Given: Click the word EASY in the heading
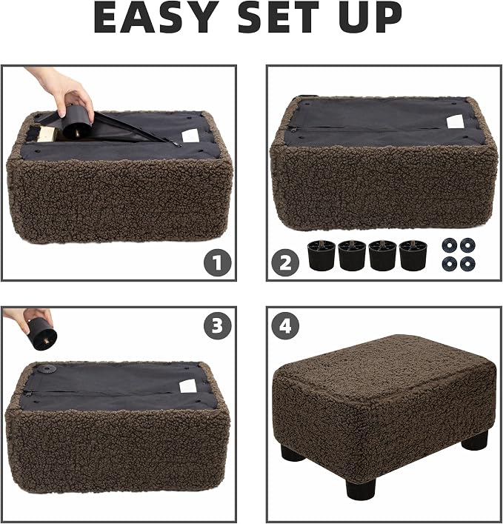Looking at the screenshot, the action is point(156,17).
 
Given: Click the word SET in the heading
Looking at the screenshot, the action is point(279,17).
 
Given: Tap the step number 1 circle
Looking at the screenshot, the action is point(218,262).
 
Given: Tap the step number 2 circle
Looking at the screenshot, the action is point(285,262).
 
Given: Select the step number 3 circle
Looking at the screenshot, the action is point(218,325).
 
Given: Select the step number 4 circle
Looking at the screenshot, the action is point(285,325).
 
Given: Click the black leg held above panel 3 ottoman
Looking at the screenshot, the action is point(42,334).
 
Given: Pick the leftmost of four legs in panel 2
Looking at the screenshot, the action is point(322,255).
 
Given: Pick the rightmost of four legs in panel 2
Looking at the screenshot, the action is point(413,255).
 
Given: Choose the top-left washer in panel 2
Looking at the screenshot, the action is point(449,245).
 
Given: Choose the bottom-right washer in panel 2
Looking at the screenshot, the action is point(467,265).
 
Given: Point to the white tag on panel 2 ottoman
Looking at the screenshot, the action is point(456,122).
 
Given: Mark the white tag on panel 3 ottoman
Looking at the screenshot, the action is point(188,386).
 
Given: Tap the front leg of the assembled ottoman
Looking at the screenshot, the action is point(361,487).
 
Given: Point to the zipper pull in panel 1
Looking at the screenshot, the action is point(176,144).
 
